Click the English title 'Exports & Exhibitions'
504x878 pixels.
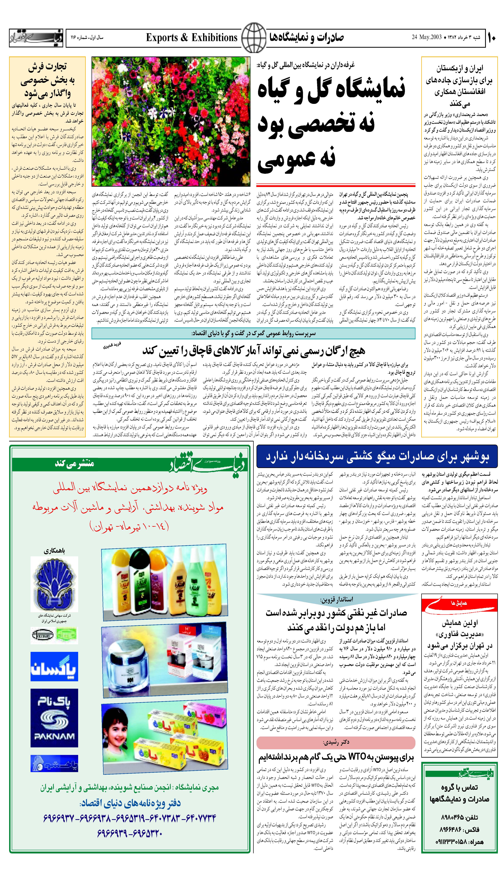coord(191,37)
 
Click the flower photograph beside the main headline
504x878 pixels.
coord(171,121)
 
